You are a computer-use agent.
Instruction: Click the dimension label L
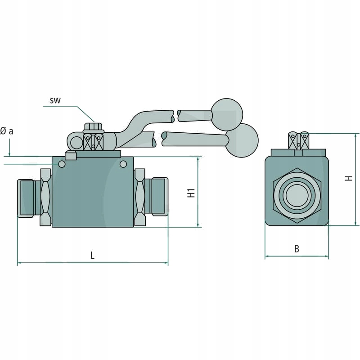92,255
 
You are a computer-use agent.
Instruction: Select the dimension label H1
191,193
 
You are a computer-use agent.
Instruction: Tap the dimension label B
297,248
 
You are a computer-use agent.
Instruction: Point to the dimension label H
348,178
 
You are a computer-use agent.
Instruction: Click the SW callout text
55,100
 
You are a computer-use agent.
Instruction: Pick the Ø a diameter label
7,131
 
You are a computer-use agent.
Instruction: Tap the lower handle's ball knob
243,139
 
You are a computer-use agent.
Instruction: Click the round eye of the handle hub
77,142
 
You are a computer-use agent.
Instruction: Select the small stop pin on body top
70,156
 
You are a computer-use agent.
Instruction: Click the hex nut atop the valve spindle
94,127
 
